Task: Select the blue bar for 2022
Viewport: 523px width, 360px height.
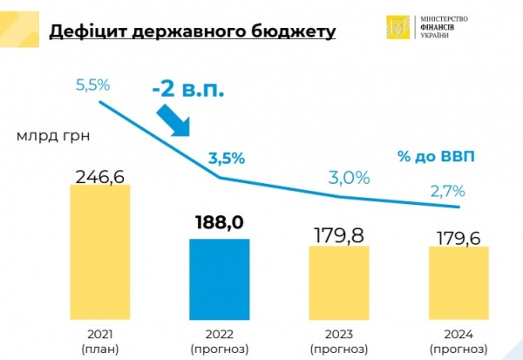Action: tap(219, 277)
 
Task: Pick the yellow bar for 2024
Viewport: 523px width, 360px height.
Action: tap(458, 281)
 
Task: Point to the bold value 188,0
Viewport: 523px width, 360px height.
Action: tap(219, 222)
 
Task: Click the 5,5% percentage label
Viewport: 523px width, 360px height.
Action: tap(92, 86)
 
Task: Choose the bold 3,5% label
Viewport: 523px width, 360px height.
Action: tap(226, 159)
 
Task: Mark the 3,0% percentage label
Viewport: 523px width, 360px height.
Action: tap(350, 177)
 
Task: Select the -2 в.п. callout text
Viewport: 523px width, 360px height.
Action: tap(192, 88)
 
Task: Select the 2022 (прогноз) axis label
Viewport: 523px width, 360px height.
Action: tap(219, 341)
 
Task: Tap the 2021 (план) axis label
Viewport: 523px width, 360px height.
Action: tap(99, 341)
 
